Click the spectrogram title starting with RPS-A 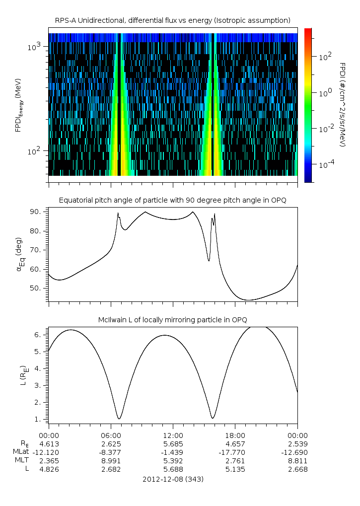(173, 20)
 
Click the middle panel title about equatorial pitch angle (173, 200)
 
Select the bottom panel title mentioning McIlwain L (173, 319)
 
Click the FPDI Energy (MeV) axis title (18, 105)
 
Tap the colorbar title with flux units (342, 105)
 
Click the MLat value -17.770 (235, 452)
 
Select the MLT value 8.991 (110, 460)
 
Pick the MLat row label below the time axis (22, 452)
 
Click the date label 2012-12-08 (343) (173, 479)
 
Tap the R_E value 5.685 (173, 443)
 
